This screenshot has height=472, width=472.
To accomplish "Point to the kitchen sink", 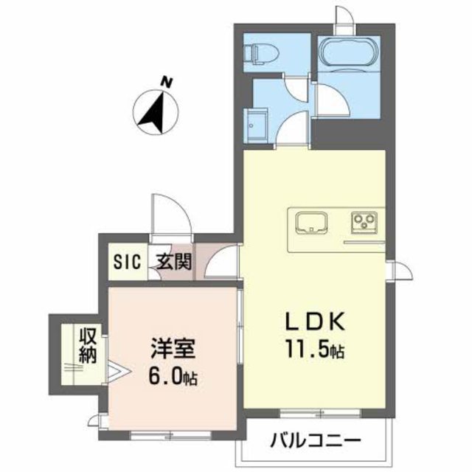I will pos(313,221).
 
